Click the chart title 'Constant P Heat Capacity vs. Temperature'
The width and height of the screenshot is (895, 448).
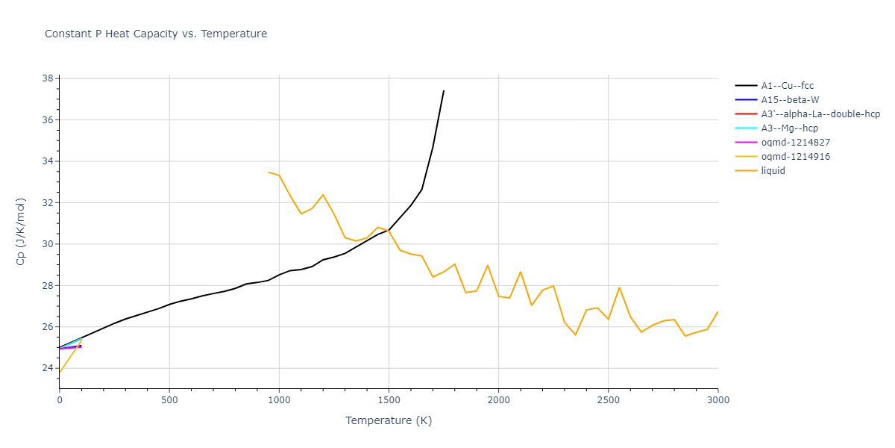pyautogui.click(x=156, y=34)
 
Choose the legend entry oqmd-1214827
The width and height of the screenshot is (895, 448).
pyautogui.click(x=795, y=143)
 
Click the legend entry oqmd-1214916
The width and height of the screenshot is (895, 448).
pyautogui.click(x=795, y=157)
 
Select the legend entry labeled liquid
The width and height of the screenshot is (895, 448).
pyautogui.click(x=773, y=171)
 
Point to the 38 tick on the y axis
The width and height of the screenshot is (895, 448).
pyautogui.click(x=47, y=78)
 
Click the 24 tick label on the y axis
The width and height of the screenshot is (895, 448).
pyautogui.click(x=47, y=368)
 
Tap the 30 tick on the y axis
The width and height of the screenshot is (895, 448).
pyautogui.click(x=47, y=244)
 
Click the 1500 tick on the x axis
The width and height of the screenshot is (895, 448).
pyautogui.click(x=389, y=399)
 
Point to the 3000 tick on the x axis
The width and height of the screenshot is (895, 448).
pyautogui.click(x=717, y=399)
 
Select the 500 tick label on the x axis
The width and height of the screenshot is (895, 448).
pyautogui.click(x=169, y=399)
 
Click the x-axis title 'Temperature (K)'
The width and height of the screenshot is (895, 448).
pyautogui.click(x=389, y=420)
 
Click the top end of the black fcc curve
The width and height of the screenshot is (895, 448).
pyautogui.click(x=444, y=91)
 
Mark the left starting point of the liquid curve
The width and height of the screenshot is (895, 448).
pyautogui.click(x=268, y=172)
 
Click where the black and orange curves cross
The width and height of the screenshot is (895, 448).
pyautogui.click(x=387, y=230)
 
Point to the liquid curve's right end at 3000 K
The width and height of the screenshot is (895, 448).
pyautogui.click(x=717, y=312)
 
